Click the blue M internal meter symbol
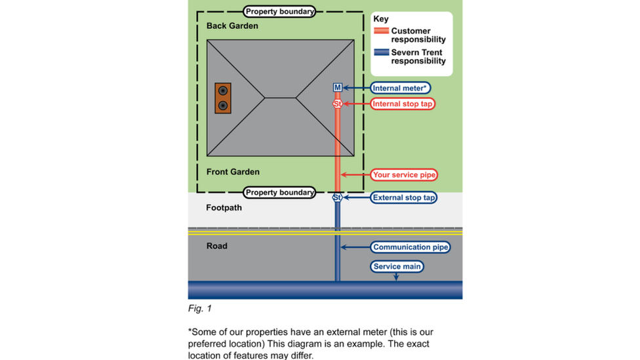tap(337, 88)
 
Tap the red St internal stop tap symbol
tap(337, 104)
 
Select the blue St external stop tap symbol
tap(337, 197)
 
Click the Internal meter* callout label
tap(401, 88)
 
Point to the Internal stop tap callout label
tap(403, 104)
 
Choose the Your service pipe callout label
tap(404, 175)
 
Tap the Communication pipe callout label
tap(410, 247)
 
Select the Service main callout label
tap(397, 267)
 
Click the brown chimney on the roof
tap(224, 98)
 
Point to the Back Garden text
tap(232, 26)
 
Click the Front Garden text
tap(233, 172)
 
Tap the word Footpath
tap(224, 208)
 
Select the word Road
tap(217, 246)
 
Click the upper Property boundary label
tap(280, 11)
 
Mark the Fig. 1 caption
tap(199, 308)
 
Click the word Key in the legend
tap(381, 19)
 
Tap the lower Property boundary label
tap(280, 193)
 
